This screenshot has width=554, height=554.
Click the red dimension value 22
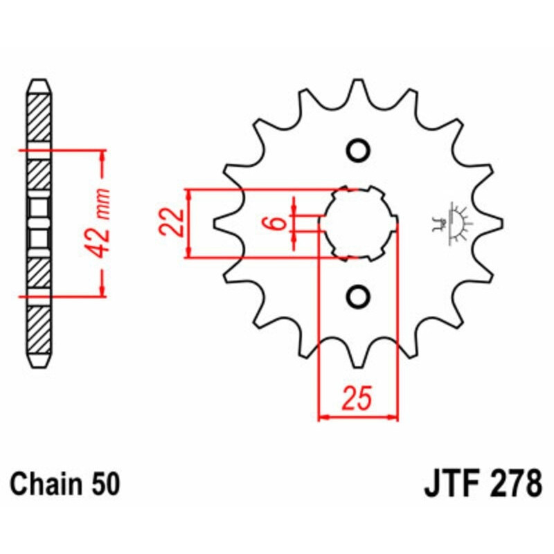[172, 222]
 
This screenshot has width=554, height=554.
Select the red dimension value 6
[278, 223]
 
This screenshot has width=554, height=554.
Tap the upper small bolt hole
[358, 151]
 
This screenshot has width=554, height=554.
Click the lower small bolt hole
[358, 296]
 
